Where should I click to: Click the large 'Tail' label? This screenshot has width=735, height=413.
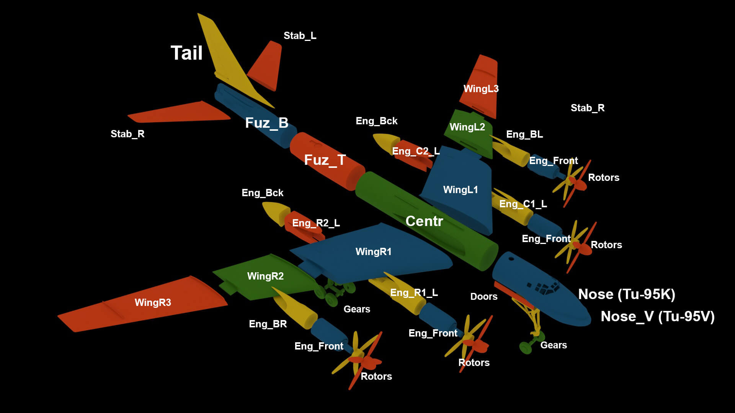(186, 53)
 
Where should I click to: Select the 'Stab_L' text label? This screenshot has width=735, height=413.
(300, 36)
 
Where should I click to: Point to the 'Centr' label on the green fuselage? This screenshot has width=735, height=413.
(424, 221)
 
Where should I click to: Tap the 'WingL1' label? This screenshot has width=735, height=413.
(461, 190)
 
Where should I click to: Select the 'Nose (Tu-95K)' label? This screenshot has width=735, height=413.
(627, 294)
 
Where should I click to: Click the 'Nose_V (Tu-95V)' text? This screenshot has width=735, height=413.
(657, 316)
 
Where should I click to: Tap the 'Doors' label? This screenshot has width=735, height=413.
(484, 296)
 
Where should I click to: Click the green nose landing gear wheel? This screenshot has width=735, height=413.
(525, 347)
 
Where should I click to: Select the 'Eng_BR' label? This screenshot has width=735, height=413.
(268, 324)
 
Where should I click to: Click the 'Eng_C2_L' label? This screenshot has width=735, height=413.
(416, 151)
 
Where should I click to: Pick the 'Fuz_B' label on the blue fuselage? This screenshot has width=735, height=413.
(266, 123)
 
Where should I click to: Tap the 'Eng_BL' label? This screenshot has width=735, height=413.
(524, 134)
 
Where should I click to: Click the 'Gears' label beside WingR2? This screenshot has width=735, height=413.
(357, 309)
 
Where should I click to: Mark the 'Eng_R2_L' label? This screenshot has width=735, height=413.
(316, 223)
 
